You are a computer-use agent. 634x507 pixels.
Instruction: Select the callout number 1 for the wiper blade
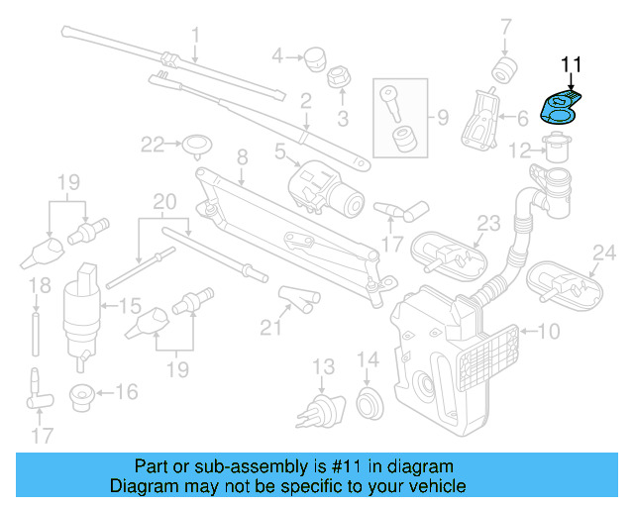coord(195,36)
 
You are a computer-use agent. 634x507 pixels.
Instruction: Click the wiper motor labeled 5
coord(325,185)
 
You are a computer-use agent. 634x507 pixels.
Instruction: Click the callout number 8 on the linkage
coord(241,156)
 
